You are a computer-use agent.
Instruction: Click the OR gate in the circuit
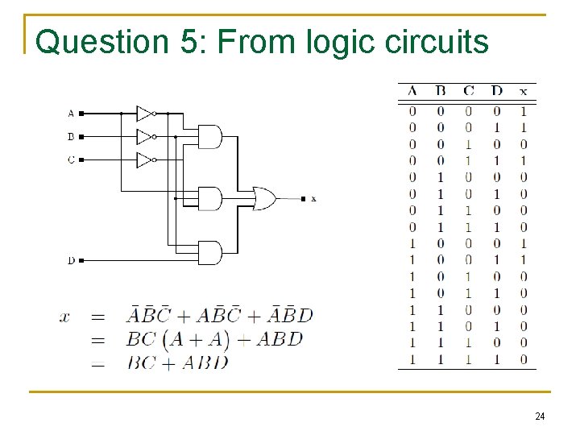264,198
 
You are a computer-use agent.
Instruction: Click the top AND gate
209,137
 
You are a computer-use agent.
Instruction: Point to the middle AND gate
209,198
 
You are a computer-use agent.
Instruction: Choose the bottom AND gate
209,253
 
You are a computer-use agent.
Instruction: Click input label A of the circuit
71,114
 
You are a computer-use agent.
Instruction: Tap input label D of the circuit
71,260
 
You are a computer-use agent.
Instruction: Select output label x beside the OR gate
313,198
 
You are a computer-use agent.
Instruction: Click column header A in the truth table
412,91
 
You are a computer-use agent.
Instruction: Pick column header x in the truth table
524,91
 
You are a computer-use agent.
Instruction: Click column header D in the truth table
496,91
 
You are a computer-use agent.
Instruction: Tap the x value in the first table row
524,111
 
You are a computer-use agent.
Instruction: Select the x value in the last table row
524,359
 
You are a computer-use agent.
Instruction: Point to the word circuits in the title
438,42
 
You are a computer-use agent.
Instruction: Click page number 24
540,416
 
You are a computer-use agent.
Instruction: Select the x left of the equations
65,317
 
